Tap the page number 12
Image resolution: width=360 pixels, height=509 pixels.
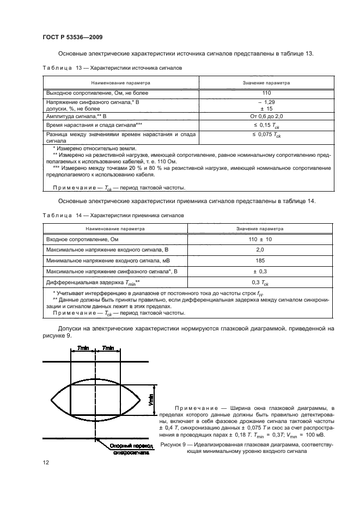46,463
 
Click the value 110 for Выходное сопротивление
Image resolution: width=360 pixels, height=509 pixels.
266,94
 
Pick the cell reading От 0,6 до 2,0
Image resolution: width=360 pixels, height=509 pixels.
266,116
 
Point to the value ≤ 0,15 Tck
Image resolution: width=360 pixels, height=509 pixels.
266,125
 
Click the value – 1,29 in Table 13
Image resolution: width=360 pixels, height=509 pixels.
266,102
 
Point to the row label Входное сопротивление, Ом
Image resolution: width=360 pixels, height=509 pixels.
81,240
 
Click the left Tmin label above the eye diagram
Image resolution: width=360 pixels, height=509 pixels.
83,347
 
